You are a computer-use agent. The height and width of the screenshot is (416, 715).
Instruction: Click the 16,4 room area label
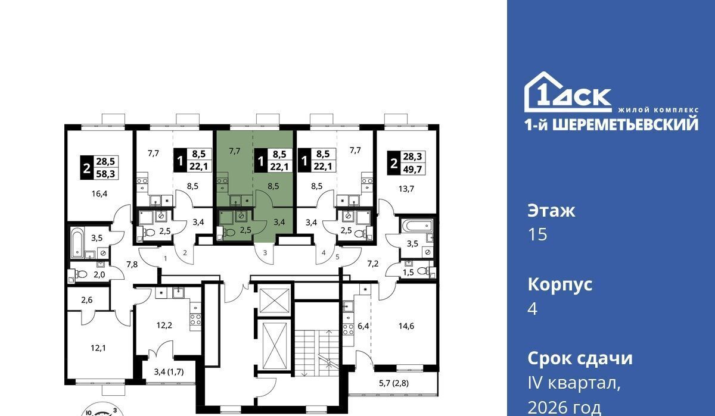click(100, 193)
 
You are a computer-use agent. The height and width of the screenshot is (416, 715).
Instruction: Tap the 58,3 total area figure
click(105, 174)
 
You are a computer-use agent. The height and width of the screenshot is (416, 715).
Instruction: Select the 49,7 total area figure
click(412, 169)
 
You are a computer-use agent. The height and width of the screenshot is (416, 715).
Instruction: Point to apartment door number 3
click(265, 253)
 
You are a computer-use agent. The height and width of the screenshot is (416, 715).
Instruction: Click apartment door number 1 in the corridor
click(166, 258)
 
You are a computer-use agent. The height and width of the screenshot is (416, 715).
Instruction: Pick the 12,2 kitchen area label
click(164, 325)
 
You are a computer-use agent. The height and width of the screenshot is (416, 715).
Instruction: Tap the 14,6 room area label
click(406, 326)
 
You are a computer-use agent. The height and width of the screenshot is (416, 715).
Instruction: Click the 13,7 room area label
click(406, 189)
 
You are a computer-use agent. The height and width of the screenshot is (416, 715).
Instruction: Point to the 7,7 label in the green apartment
click(235, 151)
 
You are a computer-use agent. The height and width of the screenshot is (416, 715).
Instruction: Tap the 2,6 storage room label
click(87, 300)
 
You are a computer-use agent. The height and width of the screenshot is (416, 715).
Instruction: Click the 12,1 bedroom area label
click(98, 348)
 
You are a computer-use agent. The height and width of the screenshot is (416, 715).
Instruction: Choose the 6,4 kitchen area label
click(363, 326)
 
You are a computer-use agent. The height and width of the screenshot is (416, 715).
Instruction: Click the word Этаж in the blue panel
click(551, 211)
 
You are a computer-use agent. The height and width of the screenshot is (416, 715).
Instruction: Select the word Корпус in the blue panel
click(560, 284)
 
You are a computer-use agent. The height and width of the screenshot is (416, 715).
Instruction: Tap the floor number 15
click(537, 234)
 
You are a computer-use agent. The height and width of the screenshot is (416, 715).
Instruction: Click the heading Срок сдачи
click(580, 358)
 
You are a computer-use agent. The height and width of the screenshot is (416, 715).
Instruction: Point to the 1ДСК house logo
click(568, 92)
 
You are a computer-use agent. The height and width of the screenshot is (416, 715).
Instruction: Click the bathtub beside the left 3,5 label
click(77, 242)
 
